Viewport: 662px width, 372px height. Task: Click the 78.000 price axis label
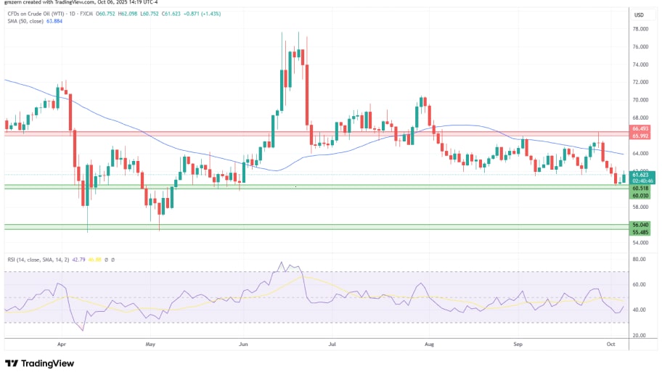click(x=639, y=29)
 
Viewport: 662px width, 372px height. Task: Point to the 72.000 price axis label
click(x=639, y=82)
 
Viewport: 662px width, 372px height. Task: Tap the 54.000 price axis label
click(x=639, y=242)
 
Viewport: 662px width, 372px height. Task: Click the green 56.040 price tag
click(x=639, y=226)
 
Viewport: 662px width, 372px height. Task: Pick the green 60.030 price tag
click(x=639, y=195)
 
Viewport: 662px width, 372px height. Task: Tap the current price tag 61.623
click(x=639, y=175)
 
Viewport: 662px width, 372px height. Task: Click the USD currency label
click(x=639, y=15)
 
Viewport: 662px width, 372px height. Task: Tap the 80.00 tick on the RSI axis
click(x=638, y=259)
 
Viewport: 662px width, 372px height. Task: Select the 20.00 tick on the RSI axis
click(x=638, y=335)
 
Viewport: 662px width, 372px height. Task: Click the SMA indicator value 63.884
click(x=53, y=22)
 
